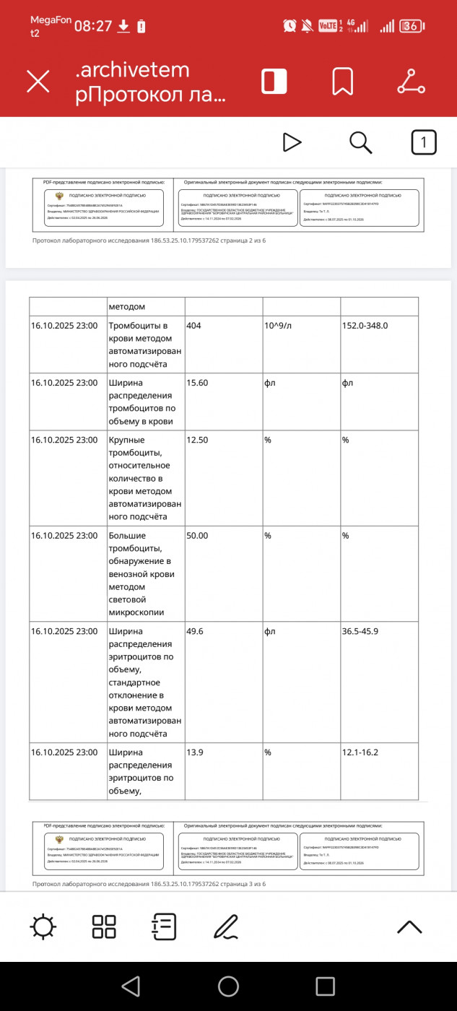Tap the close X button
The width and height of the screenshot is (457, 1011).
(38, 81)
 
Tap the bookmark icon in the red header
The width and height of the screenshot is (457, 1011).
(342, 81)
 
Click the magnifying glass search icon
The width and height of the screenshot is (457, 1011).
(360, 142)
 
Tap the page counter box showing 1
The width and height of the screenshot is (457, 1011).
(424, 142)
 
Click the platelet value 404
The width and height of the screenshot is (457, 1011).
(193, 326)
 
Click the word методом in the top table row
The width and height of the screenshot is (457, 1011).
(127, 307)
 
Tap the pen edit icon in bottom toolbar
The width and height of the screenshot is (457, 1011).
(227, 927)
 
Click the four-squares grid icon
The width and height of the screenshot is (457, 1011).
(104, 927)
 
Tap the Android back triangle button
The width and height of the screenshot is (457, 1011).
(131, 986)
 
